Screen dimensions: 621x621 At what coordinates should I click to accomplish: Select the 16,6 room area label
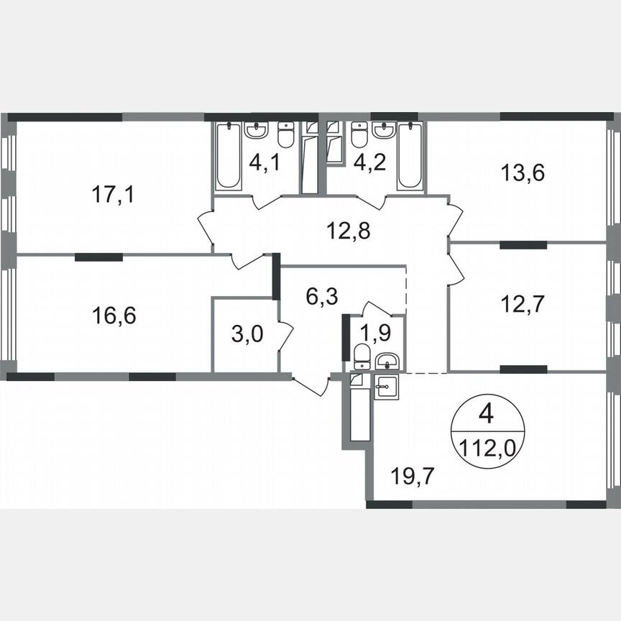pos(114,314)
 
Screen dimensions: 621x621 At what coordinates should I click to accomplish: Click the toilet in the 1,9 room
pos(361,356)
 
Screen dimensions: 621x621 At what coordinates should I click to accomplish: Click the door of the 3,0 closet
pos(285,336)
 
